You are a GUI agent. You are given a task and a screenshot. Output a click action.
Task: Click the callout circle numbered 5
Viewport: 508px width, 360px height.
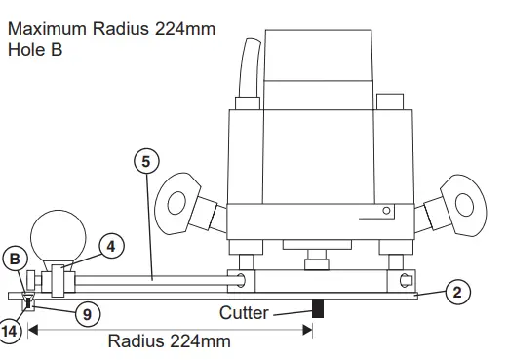[x=145, y=162]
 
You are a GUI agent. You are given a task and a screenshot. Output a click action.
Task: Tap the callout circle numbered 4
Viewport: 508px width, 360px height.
[x=111, y=247]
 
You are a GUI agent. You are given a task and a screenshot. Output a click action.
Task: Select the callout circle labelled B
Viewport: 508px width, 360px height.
[x=15, y=260]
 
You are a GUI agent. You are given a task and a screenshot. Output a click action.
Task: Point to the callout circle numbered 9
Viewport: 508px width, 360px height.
[x=87, y=314]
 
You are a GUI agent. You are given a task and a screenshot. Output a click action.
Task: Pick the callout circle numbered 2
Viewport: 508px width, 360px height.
[x=455, y=290]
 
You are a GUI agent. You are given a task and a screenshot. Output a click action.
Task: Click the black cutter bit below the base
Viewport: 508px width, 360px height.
[x=317, y=310]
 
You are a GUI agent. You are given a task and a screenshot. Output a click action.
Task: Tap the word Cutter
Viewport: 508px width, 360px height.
[x=243, y=313]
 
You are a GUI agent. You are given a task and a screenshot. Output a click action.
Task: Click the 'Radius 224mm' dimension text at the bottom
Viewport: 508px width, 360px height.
[x=169, y=340]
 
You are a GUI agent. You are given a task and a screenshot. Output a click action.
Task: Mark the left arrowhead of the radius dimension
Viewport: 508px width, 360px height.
[x=32, y=330]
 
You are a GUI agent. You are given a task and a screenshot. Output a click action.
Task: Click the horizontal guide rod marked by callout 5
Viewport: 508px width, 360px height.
[x=156, y=279]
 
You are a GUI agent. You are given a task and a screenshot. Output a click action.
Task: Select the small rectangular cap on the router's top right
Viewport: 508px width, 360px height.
[x=389, y=100]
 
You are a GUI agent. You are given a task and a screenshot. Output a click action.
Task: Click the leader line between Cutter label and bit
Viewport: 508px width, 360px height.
[x=290, y=313]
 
